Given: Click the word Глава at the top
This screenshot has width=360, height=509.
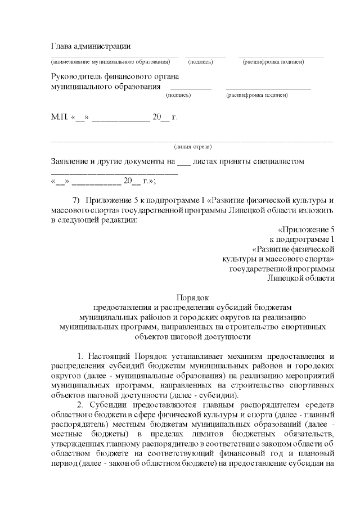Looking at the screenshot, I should tap(62, 46).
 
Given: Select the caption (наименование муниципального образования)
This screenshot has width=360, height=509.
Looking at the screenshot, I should tap(110, 61).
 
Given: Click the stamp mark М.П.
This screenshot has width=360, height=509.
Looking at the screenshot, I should tap(59, 118).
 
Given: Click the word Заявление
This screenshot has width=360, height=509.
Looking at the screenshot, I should tap(73, 161).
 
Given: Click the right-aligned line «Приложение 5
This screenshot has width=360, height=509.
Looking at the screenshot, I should tap(306, 230).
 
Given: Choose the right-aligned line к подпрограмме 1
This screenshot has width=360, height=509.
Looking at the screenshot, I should tap(302, 240).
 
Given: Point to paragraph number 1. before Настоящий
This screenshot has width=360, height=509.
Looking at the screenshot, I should tap(80, 356).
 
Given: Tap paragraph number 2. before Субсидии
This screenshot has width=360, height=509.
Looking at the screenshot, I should tap(80, 406).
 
